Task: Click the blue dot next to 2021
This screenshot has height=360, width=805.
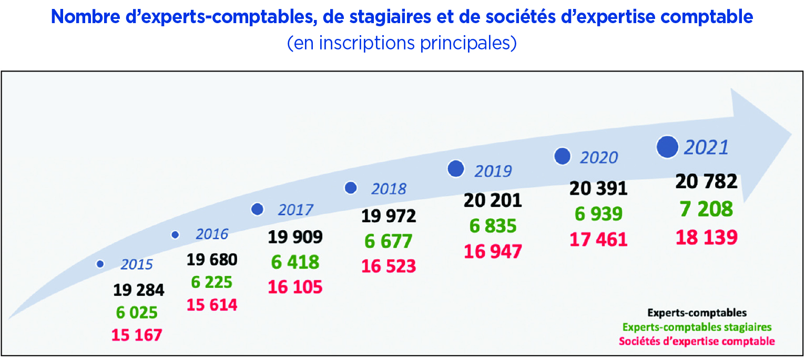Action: [668, 147]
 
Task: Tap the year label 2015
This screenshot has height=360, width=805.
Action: [137, 264]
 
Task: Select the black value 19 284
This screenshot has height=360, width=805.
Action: [138, 290]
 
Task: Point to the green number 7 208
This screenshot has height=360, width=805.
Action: [706, 209]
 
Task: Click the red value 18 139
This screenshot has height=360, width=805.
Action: [706, 237]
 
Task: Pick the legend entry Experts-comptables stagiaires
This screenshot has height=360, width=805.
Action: [697, 327]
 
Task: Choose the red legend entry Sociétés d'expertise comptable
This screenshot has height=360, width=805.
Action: [697, 341]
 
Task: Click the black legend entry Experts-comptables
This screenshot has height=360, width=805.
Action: [697, 313]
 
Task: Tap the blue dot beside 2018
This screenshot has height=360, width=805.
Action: [351, 188]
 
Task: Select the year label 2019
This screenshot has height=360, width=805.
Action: [493, 171]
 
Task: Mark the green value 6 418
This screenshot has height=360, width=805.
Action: [295, 262]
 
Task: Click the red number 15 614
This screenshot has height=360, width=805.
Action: [212, 305]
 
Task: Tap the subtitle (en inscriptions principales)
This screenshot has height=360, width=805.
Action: [402, 43]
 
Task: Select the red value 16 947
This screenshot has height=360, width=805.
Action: [493, 251]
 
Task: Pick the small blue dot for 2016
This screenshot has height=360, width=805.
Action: [175, 235]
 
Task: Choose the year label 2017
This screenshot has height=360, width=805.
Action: [295, 210]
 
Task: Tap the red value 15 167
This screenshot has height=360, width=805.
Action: [137, 335]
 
